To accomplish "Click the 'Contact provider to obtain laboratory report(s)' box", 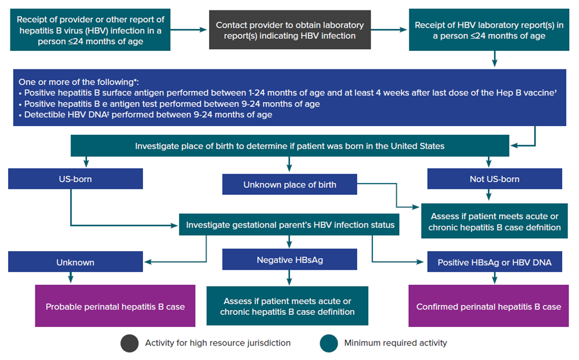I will point(289,30).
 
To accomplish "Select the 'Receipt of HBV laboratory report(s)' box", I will point(494,30).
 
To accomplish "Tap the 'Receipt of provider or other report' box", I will point(89,30).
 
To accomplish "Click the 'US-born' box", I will point(75,179).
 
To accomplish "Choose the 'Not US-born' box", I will point(494,179).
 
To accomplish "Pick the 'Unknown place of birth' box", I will point(289,185).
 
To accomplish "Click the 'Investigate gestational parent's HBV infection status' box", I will point(290,225).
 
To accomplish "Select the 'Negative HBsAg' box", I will point(289,260).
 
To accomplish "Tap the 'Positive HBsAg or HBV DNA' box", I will point(494,262).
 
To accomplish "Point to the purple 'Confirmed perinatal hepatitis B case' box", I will point(489,306).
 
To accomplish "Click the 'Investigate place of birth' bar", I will point(289,146).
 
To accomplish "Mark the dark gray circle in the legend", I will point(130,343).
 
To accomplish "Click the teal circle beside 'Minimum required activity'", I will point(329,343).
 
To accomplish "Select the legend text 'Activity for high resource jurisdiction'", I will point(218,343).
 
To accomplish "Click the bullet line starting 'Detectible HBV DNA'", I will point(148,115).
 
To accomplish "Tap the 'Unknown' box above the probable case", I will point(75,262).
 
